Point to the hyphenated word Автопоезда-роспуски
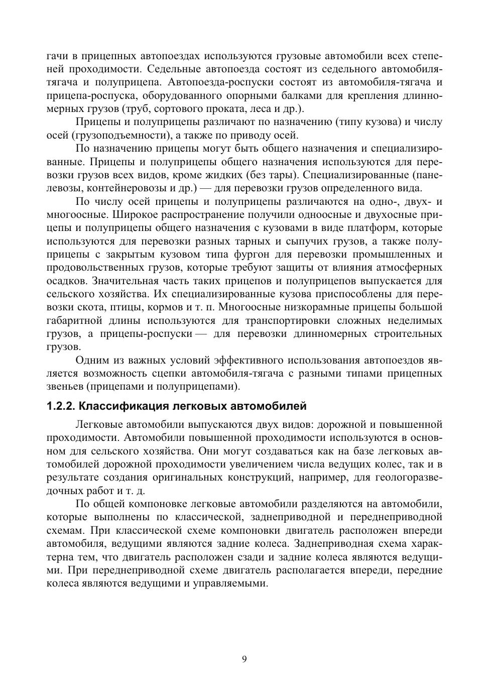pyautogui.click(x=216, y=82)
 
